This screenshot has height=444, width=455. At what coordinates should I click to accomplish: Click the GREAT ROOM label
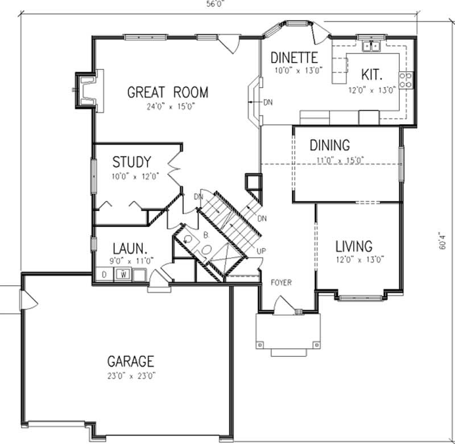(167, 92)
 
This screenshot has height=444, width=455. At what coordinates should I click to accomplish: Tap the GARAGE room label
(131, 361)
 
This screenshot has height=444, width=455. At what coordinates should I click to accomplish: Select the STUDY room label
(131, 161)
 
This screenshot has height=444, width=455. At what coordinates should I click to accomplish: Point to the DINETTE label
(293, 58)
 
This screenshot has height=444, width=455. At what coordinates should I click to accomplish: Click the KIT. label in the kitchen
(371, 75)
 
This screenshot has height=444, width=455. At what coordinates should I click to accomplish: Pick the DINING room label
(329, 146)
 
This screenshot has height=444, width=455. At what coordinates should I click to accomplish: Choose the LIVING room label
(353, 246)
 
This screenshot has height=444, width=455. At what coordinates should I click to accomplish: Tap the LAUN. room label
(130, 248)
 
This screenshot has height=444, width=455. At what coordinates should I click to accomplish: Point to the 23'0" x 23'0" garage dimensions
(131, 375)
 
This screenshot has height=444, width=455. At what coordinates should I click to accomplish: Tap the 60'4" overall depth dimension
(443, 241)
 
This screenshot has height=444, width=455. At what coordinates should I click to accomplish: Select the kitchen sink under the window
(373, 46)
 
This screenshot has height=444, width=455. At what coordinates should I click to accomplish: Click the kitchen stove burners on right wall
(406, 80)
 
